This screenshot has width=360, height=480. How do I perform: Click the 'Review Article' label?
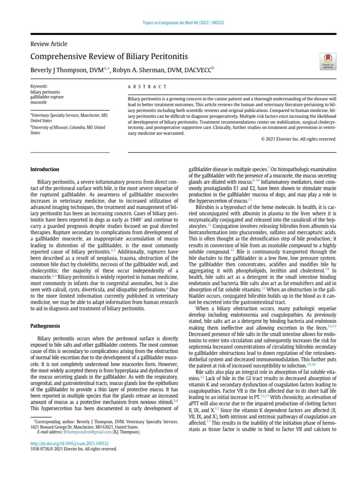(x=49, y=44)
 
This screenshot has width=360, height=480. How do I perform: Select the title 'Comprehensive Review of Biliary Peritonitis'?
(x=109, y=57)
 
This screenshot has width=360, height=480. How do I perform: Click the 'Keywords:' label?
(x=39, y=87)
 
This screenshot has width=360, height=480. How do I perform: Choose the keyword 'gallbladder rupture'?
(x=47, y=97)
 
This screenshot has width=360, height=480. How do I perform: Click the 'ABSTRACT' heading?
(x=147, y=87)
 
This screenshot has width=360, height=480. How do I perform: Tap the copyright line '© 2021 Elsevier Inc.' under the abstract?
(x=299, y=139)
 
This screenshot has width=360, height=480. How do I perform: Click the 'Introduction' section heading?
(x=45, y=169)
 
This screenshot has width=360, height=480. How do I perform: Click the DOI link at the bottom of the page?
(x=69, y=443)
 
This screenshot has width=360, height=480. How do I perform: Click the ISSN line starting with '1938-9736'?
(x=74, y=449)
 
